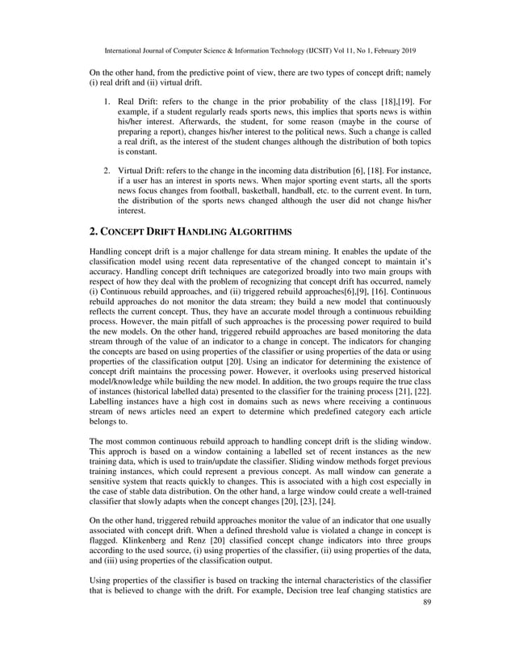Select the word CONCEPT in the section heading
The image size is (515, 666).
coord(122,231)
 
